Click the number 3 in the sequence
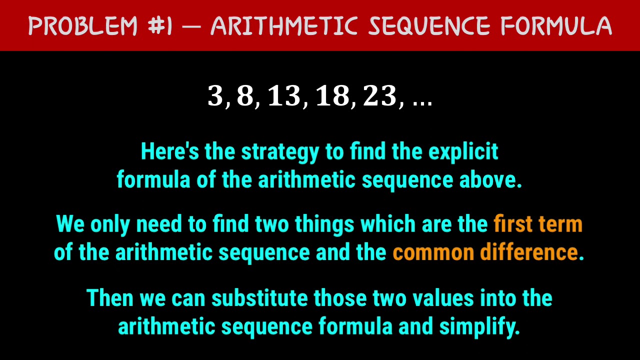[x=215, y=96]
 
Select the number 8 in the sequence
[x=245, y=96]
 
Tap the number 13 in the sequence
[x=284, y=96]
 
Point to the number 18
[x=332, y=96]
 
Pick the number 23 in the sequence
[x=380, y=96]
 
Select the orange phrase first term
[x=538, y=224]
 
